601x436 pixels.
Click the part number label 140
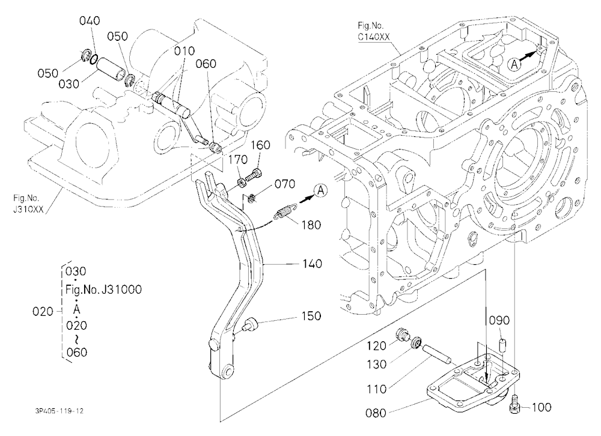[312, 264]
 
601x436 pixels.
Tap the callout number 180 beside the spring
[311, 225]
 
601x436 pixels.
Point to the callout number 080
[376, 413]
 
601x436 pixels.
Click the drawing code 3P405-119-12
[58, 411]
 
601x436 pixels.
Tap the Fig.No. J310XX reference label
[28, 204]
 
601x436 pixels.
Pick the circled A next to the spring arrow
[321, 190]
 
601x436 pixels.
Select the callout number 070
[285, 184]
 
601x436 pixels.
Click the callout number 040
[90, 20]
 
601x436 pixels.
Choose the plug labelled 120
[402, 335]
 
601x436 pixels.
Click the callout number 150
[311, 316]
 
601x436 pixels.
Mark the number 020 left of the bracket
[43, 312]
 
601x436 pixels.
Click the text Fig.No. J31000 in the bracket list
[103, 289]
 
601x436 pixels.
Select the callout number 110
[376, 389]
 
